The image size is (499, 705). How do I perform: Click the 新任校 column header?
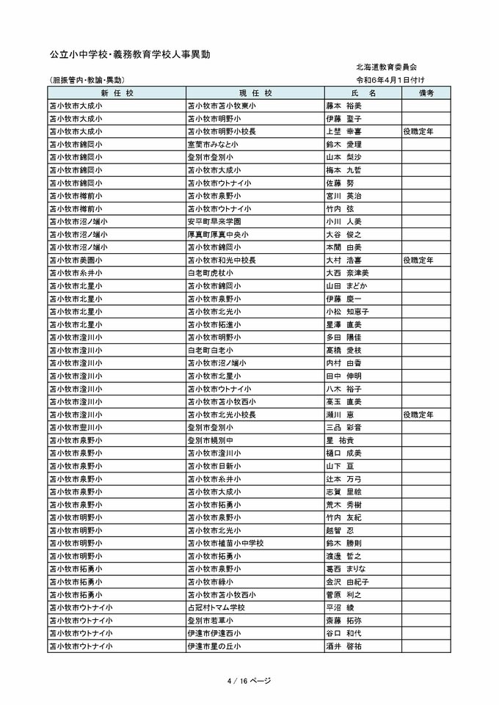[116, 93]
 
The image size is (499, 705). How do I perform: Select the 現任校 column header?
[255, 93]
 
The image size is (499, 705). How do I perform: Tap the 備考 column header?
[426, 93]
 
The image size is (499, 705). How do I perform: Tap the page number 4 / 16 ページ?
[249, 681]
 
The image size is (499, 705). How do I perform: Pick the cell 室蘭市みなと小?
[218, 145]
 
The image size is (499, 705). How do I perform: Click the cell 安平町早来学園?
[218, 222]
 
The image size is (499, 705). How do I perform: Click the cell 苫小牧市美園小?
[76, 260]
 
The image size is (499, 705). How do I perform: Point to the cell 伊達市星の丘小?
[218, 646]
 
